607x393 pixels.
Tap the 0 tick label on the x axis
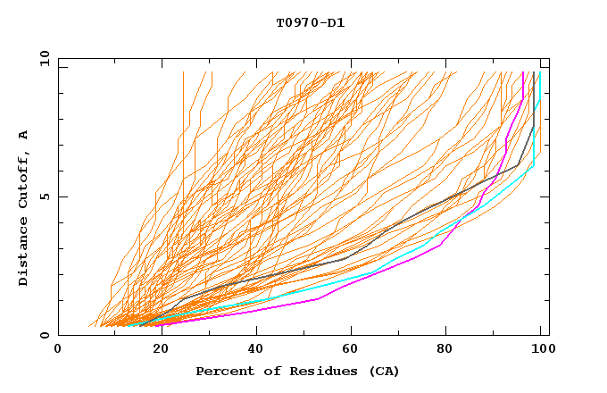(x=58, y=350)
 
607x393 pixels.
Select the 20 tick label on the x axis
(x=155, y=350)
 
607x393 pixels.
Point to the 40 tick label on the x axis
(x=253, y=350)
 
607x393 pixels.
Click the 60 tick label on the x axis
(x=349, y=350)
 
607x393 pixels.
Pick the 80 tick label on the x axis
(x=446, y=350)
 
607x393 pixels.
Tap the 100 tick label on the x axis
(x=543, y=350)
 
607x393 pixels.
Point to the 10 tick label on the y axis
(x=42, y=58)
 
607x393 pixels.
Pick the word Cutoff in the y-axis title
(x=23, y=179)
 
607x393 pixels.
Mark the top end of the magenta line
(x=523, y=72)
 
